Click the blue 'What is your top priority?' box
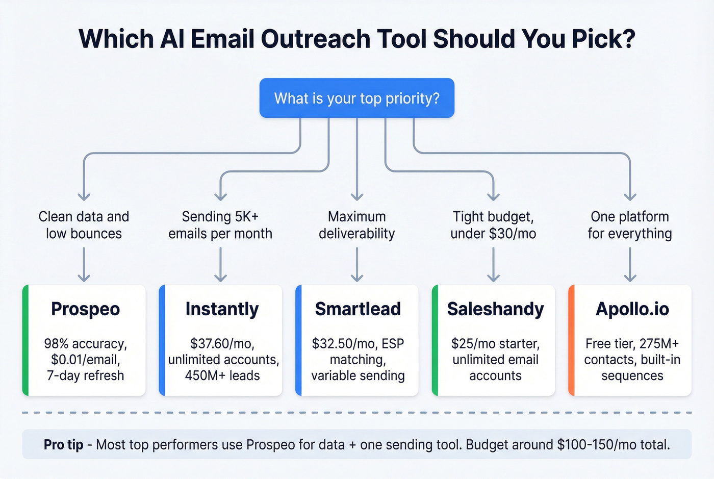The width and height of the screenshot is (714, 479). coord(356,98)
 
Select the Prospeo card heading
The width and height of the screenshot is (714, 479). coord(85,309)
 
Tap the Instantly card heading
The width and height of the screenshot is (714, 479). coord(222,309)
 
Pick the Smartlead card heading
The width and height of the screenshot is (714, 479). coord(358,309)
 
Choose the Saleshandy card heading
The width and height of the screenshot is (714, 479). coord(495,309)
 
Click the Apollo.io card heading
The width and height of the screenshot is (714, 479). coord(632,309)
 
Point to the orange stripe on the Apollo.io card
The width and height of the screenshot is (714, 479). coord(572,340)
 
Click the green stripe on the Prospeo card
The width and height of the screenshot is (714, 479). coord(25,340)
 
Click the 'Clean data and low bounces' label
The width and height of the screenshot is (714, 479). coord(84,225)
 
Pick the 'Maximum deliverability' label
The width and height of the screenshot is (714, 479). coord(356,225)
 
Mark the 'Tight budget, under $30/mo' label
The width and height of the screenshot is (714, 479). coord(493,225)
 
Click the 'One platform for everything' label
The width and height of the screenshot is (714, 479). coord(630,225)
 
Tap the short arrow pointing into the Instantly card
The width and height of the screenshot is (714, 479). coord(220,265)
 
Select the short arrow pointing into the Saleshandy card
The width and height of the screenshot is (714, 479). coord(493,265)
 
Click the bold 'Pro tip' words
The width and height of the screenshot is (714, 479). coord(63,445)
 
